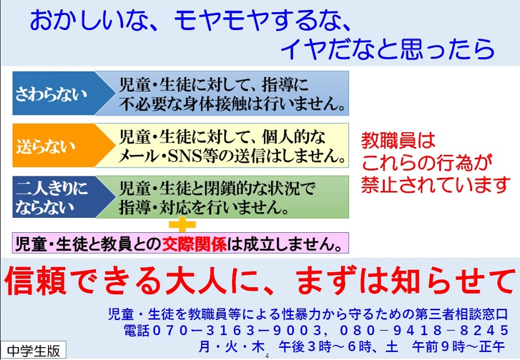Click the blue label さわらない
pyautogui.click(x=51, y=93)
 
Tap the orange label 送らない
pyautogui.click(x=46, y=146)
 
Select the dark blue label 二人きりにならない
pyautogui.click(x=51, y=198)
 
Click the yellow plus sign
pyautogui.click(x=182, y=225)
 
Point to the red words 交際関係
pyautogui.click(x=194, y=244)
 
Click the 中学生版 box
pyautogui.click(x=34, y=350)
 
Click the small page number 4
pyautogui.click(x=268, y=357)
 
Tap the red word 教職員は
pyautogui.click(x=398, y=140)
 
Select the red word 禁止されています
pyautogui.click(x=436, y=184)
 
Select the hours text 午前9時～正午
pyautogui.click(x=459, y=347)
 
